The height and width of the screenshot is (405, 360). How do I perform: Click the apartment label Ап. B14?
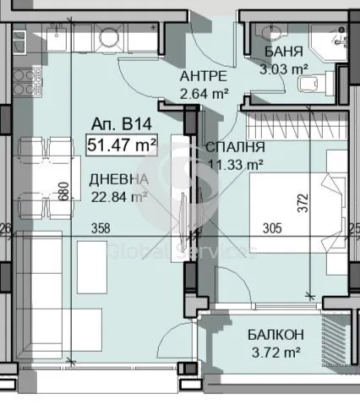[122, 124]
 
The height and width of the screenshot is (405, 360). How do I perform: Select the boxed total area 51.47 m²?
[122, 145]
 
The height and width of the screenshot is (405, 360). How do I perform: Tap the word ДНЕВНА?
[118, 180]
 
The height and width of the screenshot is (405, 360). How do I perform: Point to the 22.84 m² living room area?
[119, 196]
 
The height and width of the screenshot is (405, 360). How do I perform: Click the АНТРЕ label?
[204, 76]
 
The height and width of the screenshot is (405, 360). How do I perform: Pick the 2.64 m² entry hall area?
[204, 93]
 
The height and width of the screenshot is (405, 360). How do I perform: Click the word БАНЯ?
[284, 52]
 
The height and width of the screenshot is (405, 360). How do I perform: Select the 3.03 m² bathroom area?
[284, 68]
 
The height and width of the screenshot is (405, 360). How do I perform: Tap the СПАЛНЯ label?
[236, 147]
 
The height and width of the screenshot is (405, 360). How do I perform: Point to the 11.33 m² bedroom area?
[236, 164]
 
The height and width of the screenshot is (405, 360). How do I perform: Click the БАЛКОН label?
[275, 335]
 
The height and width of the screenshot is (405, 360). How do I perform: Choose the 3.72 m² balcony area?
[275, 352]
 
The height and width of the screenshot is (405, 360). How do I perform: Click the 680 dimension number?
[64, 191]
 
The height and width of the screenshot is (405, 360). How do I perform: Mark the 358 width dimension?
[101, 228]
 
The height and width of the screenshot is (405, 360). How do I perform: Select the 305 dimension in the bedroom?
[272, 228]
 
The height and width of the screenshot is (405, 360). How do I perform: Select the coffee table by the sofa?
[92, 267]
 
